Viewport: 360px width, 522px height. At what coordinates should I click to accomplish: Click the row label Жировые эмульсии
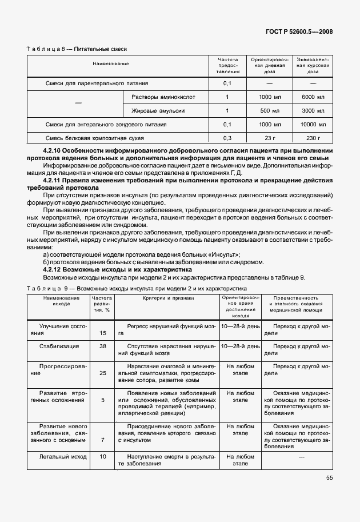(158, 110)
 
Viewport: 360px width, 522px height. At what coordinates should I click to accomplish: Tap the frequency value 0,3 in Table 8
(227, 138)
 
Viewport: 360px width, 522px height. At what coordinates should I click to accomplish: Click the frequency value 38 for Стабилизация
(103, 346)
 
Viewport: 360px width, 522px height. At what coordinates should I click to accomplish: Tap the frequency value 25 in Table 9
(103, 373)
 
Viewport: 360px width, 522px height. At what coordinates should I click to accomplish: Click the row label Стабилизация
(59, 346)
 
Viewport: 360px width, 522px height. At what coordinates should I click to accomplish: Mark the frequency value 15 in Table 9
(103, 332)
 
